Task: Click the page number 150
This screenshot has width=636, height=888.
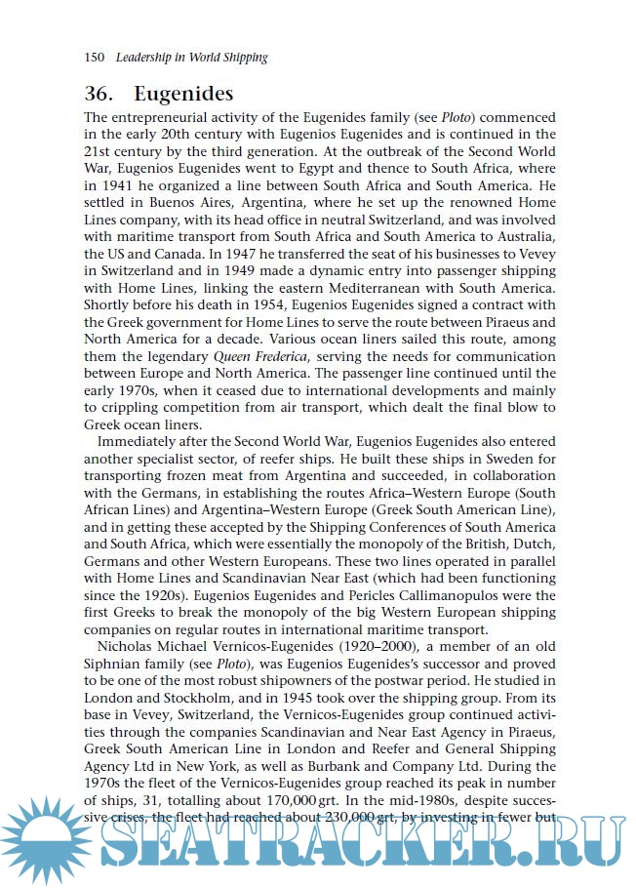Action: pyautogui.click(x=95, y=58)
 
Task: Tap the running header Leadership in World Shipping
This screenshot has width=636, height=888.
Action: pyautogui.click(x=191, y=58)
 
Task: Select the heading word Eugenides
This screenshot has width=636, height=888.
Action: pyautogui.click(x=183, y=95)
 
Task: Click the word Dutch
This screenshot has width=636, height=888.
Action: pyautogui.click(x=534, y=542)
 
